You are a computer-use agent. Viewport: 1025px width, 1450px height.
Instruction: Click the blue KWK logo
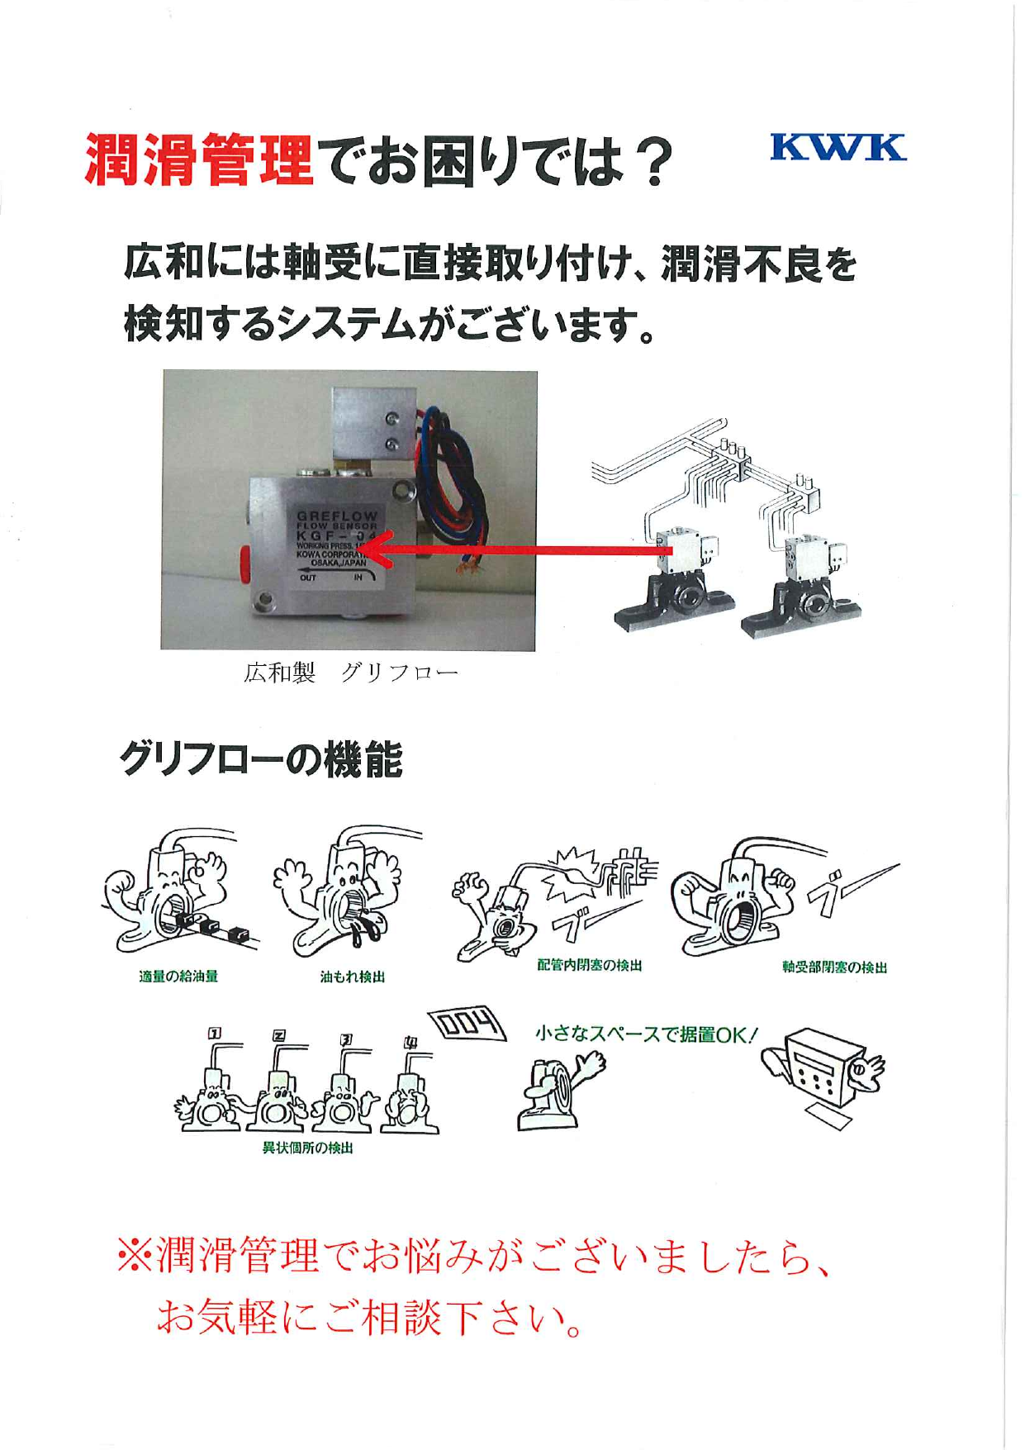click(x=838, y=148)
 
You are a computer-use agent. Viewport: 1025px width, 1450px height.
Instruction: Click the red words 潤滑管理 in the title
click(x=199, y=160)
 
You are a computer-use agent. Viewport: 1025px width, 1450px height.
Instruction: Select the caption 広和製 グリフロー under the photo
click(x=350, y=673)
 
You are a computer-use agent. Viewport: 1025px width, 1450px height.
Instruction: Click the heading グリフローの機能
click(x=261, y=759)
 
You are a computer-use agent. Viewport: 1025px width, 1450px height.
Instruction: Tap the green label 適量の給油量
click(x=178, y=977)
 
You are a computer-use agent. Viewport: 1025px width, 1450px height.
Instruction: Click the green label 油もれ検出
click(x=353, y=977)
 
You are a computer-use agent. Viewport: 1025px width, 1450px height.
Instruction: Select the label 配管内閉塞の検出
click(x=590, y=965)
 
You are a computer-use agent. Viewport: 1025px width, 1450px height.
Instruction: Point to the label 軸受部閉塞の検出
click(x=834, y=967)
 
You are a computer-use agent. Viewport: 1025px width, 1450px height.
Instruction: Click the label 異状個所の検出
click(x=307, y=1148)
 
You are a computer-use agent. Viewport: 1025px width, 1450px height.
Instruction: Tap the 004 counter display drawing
click(x=467, y=1025)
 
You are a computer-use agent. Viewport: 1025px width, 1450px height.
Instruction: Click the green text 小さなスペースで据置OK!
click(x=646, y=1034)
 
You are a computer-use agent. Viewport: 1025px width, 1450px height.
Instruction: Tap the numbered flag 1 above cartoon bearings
click(x=215, y=1033)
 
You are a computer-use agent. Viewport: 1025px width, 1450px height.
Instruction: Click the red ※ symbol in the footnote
click(x=135, y=1257)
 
